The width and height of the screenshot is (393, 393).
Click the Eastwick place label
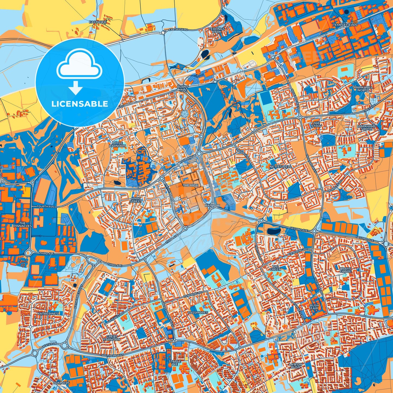(98, 22)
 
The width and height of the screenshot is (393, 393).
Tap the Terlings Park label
(217, 30)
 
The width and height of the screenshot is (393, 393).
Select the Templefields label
(345, 25)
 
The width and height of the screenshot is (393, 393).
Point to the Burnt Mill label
(182, 88)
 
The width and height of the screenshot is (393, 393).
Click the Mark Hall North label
(363, 89)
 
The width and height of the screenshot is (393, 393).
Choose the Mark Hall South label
(367, 127)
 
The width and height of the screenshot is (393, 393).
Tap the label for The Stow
(316, 125)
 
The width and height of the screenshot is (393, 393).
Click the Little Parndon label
(117, 144)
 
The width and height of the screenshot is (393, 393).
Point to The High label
(190, 185)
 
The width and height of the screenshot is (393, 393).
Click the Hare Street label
(136, 200)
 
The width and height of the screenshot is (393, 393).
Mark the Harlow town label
(212, 205)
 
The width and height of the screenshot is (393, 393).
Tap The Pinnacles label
(23, 224)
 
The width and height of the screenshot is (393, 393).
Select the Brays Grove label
(345, 270)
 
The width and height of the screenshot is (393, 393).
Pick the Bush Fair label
(314, 307)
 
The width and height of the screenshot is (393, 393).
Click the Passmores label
(198, 312)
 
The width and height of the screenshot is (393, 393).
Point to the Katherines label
(48, 314)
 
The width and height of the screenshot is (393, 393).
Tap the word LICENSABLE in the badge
(80, 104)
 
